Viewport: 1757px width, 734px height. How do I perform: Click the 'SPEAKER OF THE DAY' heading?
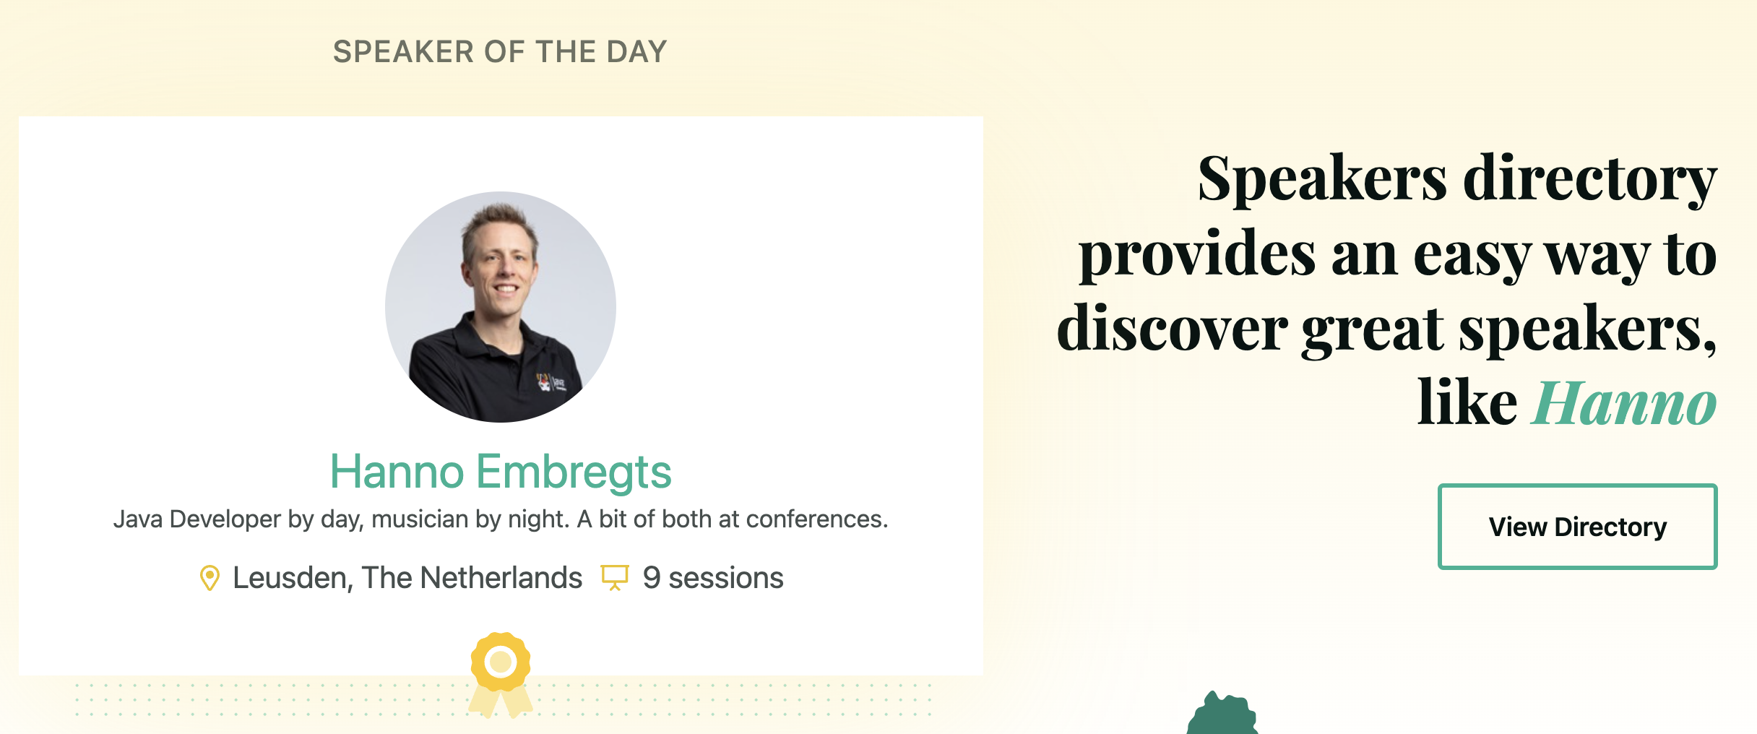pos(500,52)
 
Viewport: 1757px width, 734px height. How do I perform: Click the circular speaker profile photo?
pos(501,307)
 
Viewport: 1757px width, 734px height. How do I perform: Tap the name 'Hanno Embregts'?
pos(501,472)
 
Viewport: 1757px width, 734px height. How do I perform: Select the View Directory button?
pos(1577,527)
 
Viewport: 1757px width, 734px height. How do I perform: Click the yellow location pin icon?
pos(210,578)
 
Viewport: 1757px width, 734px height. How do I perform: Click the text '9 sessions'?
pos(713,578)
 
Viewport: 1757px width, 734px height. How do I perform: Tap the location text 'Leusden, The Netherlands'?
pos(407,578)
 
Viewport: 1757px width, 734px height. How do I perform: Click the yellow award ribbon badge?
pos(501,674)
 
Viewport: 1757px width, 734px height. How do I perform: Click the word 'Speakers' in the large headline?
pos(1323,179)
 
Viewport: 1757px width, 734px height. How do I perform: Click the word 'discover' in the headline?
pos(1172,328)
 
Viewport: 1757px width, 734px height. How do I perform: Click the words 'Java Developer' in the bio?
pos(197,519)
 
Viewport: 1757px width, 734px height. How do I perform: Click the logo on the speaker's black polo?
pos(551,381)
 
